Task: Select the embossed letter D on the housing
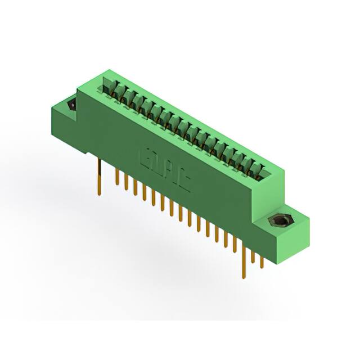click(x=158, y=163)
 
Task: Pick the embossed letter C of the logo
click(x=183, y=179)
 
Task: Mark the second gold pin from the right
click(x=253, y=256)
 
